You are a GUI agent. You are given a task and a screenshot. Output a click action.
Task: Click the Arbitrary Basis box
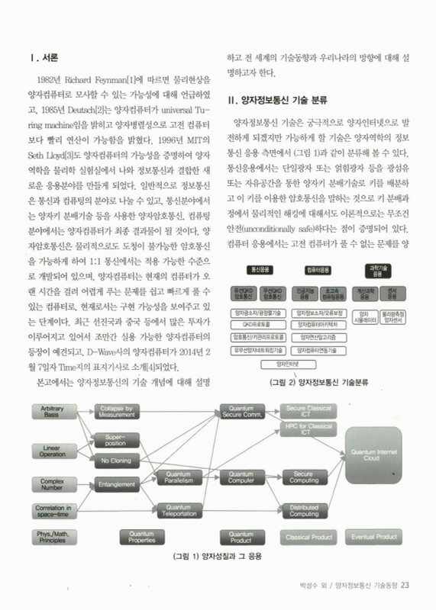click(53, 413)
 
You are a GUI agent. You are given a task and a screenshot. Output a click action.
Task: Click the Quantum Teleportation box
click(178, 509)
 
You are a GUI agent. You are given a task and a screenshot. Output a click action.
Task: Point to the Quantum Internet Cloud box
click(381, 455)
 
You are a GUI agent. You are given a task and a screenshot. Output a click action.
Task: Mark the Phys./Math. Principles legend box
click(53, 537)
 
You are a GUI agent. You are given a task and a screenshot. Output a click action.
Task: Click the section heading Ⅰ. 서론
click(44, 57)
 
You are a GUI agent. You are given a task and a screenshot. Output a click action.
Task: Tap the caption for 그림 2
click(319, 384)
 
